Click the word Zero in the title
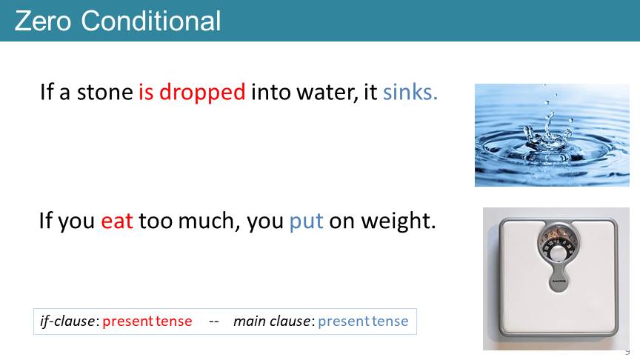point(43,21)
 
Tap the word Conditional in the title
point(151,21)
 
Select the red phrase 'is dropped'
point(192,93)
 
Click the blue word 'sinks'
point(410,92)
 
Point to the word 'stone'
point(105,93)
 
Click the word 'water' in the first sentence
point(327,93)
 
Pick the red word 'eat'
point(117,221)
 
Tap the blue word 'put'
point(306,221)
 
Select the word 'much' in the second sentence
point(207,221)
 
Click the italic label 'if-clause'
point(68,321)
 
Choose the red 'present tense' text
point(147,321)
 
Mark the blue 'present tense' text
point(363,321)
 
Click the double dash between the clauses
point(214,322)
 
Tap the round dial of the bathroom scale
point(558,245)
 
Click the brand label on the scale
point(559,281)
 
